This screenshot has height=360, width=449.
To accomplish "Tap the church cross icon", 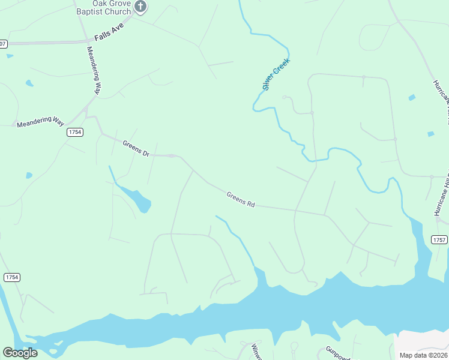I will (x=141, y=7).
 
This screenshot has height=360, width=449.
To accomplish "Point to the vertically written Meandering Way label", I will (x=93, y=70).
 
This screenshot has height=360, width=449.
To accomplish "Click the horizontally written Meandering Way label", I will (x=40, y=122).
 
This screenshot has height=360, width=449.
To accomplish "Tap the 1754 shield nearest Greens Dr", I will (x=74, y=132).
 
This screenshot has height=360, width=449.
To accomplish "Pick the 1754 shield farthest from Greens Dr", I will (x=11, y=277).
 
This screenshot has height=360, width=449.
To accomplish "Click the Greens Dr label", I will (x=136, y=148).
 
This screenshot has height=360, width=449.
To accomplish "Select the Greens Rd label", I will (x=241, y=199).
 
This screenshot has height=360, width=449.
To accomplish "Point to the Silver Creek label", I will (x=276, y=74).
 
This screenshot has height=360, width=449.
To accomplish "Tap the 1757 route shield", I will (x=439, y=240).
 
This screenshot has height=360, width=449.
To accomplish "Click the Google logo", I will (x=20, y=352).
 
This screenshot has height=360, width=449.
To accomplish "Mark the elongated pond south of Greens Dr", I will (x=137, y=199).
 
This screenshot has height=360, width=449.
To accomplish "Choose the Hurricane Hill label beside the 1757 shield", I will (x=442, y=195).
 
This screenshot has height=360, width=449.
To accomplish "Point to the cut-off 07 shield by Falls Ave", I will (x=3, y=44).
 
